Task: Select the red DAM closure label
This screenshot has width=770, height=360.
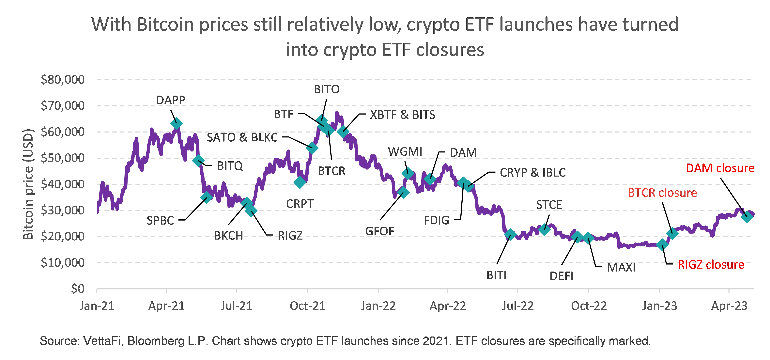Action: [x=720, y=168]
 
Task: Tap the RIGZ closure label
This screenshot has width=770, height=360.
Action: [x=711, y=265]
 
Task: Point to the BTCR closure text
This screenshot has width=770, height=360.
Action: [x=662, y=193]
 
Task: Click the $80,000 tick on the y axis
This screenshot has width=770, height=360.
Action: [x=63, y=80]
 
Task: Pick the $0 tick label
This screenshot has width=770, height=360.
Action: [x=78, y=289]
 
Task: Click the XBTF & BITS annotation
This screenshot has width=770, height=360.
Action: [x=402, y=115]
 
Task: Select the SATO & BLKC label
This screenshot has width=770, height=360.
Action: [x=242, y=137]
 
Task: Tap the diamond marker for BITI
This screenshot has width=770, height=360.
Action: [x=510, y=235]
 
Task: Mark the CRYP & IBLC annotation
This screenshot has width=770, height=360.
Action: [x=533, y=173]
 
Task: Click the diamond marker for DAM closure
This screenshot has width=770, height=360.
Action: [x=747, y=216]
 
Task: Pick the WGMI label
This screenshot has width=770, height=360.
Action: [x=405, y=152]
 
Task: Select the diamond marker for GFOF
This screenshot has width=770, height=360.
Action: [x=403, y=192]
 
